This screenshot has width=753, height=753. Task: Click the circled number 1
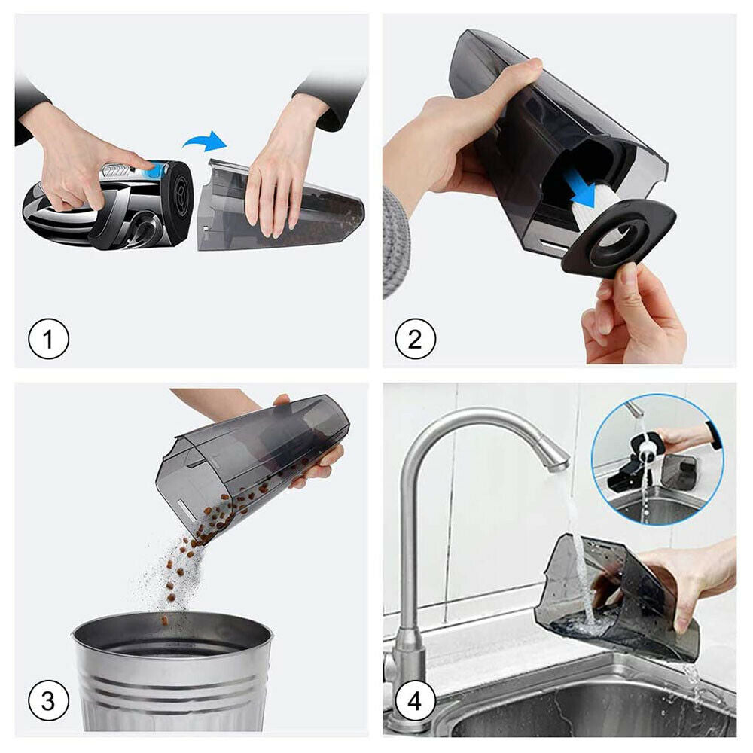(x=48, y=339)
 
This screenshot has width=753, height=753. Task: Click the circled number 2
(x=416, y=339)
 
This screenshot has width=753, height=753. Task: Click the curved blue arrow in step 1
(x=204, y=140)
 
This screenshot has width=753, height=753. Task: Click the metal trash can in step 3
(x=173, y=672)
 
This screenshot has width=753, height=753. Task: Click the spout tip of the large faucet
(x=558, y=465)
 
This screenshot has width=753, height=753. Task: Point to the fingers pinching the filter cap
(x=634, y=312)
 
